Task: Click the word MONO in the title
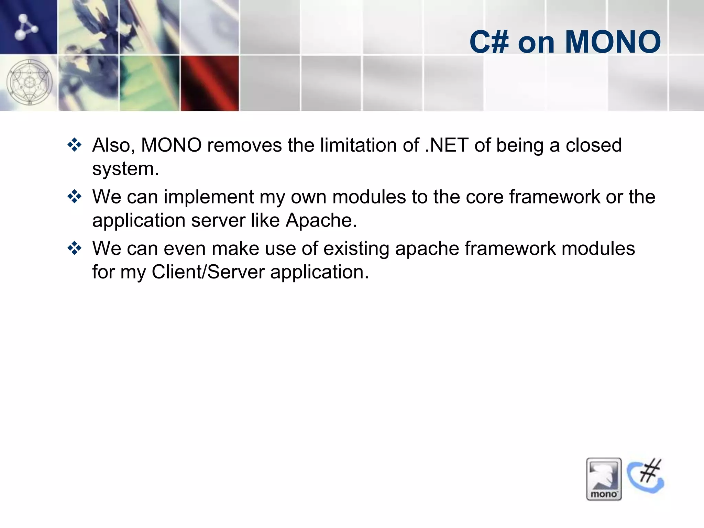click(x=613, y=42)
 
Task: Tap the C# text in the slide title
click(x=489, y=42)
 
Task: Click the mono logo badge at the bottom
click(x=604, y=479)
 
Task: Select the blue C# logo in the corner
click(x=646, y=476)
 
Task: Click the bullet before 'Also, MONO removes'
click(x=75, y=145)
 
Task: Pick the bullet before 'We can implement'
click(x=75, y=197)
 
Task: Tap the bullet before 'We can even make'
click(x=75, y=248)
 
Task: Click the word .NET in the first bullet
click(x=447, y=145)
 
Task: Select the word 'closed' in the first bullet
click(x=594, y=145)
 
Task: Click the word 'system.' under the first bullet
click(x=125, y=169)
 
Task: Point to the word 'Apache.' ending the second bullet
click(x=321, y=220)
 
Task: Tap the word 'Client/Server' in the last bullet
click(x=208, y=272)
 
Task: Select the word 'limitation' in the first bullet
click(x=358, y=145)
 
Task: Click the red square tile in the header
click(x=210, y=83)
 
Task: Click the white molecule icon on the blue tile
click(x=25, y=27)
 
